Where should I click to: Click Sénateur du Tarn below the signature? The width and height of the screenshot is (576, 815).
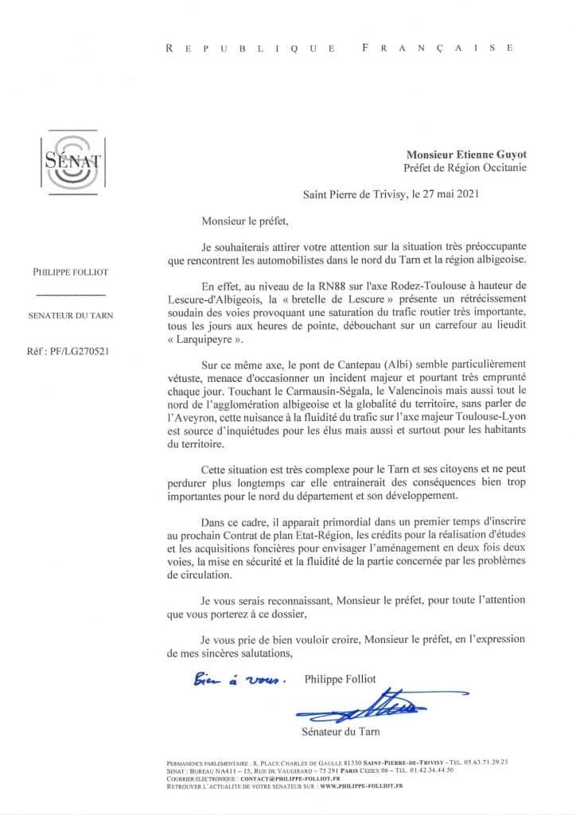click(338, 731)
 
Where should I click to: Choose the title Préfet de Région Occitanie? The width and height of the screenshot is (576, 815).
click(465, 168)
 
